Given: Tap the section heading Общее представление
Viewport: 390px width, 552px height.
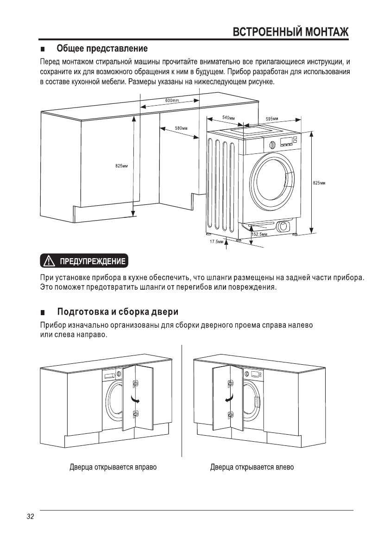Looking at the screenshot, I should click(x=102, y=49).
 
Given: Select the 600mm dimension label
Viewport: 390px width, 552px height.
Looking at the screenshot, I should click(x=172, y=101).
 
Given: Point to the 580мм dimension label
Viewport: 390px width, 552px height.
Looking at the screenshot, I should click(x=181, y=127).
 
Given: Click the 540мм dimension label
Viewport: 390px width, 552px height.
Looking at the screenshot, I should click(x=228, y=118).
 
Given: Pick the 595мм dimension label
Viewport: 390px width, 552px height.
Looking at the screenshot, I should click(x=272, y=119).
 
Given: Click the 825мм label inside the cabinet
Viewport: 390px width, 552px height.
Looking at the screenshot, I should click(x=121, y=165).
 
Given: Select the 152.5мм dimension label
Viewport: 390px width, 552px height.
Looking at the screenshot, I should click(x=260, y=235).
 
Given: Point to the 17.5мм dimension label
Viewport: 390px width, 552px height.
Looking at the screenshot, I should click(x=216, y=242).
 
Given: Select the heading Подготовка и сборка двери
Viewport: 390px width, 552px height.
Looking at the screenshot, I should click(x=118, y=311).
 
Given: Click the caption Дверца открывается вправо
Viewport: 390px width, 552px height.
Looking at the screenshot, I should click(x=113, y=467).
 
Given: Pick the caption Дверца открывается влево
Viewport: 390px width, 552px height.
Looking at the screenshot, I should click(x=252, y=467).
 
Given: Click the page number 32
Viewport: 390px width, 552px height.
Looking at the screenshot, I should click(x=31, y=517).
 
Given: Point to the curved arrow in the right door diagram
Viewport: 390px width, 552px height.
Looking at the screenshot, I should click(x=228, y=399).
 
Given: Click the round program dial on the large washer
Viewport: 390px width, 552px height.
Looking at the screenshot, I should click(x=272, y=145).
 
